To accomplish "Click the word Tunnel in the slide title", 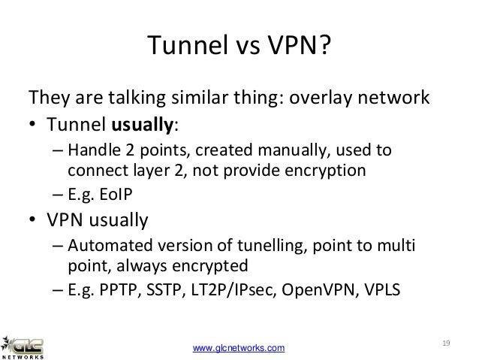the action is click(179, 47).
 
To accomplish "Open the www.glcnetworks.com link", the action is click(239, 346).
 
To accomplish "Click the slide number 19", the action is click(446, 343).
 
